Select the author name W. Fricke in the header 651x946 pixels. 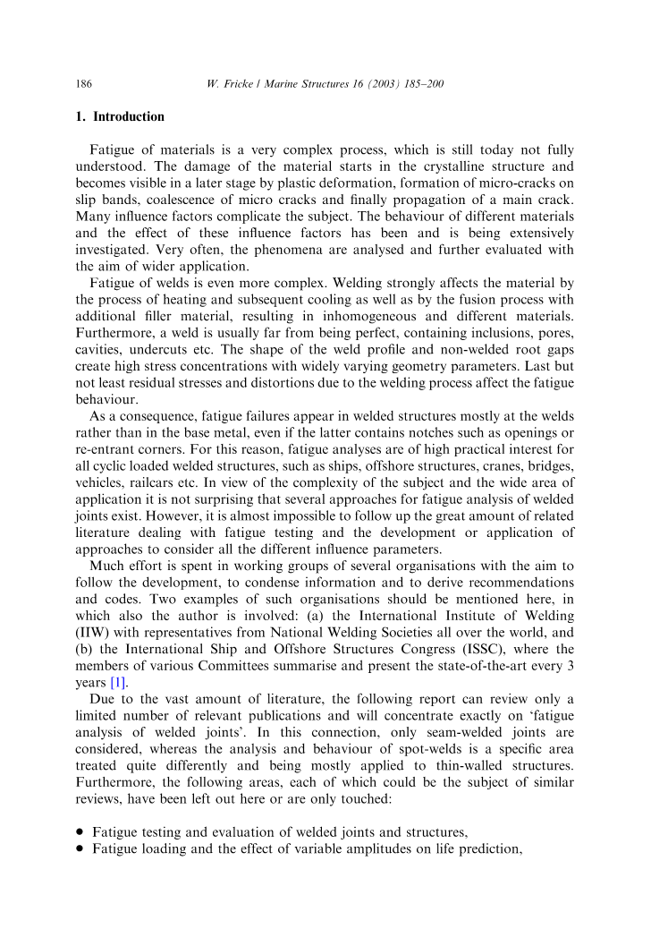point(230,84)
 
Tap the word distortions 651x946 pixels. point(282,381)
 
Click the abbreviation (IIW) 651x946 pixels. point(90,632)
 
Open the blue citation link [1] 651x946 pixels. point(118,681)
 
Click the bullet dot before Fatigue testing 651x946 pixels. point(80,831)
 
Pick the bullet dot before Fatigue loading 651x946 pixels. point(80,848)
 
